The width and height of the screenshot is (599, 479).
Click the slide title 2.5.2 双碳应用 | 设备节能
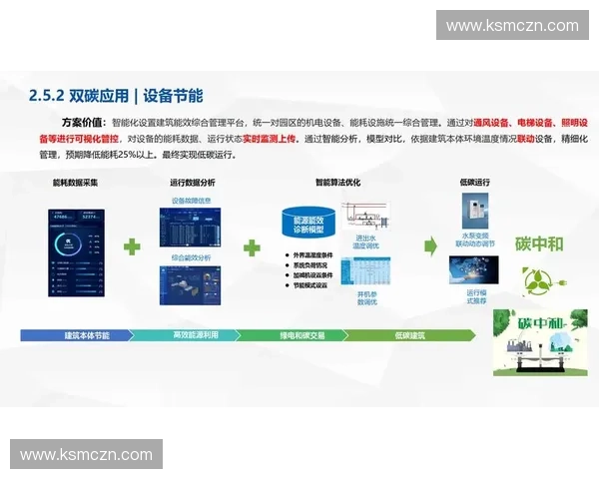(116, 96)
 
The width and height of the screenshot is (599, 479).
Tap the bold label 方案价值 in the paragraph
(82, 120)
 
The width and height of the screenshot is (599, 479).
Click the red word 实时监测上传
(270, 138)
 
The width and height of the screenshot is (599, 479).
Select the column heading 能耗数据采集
(76, 183)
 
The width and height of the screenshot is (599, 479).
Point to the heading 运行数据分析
(193, 183)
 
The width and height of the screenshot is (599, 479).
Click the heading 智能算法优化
(336, 183)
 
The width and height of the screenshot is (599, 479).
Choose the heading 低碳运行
(474, 183)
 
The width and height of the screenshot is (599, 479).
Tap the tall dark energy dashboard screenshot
(76, 252)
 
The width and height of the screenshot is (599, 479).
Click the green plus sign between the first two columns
(132, 245)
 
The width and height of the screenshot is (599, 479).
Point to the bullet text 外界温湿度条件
(312, 254)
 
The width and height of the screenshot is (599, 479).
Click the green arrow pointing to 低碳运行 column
(431, 245)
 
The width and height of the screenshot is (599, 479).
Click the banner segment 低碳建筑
(409, 335)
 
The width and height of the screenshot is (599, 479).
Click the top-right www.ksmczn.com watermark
(512, 26)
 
